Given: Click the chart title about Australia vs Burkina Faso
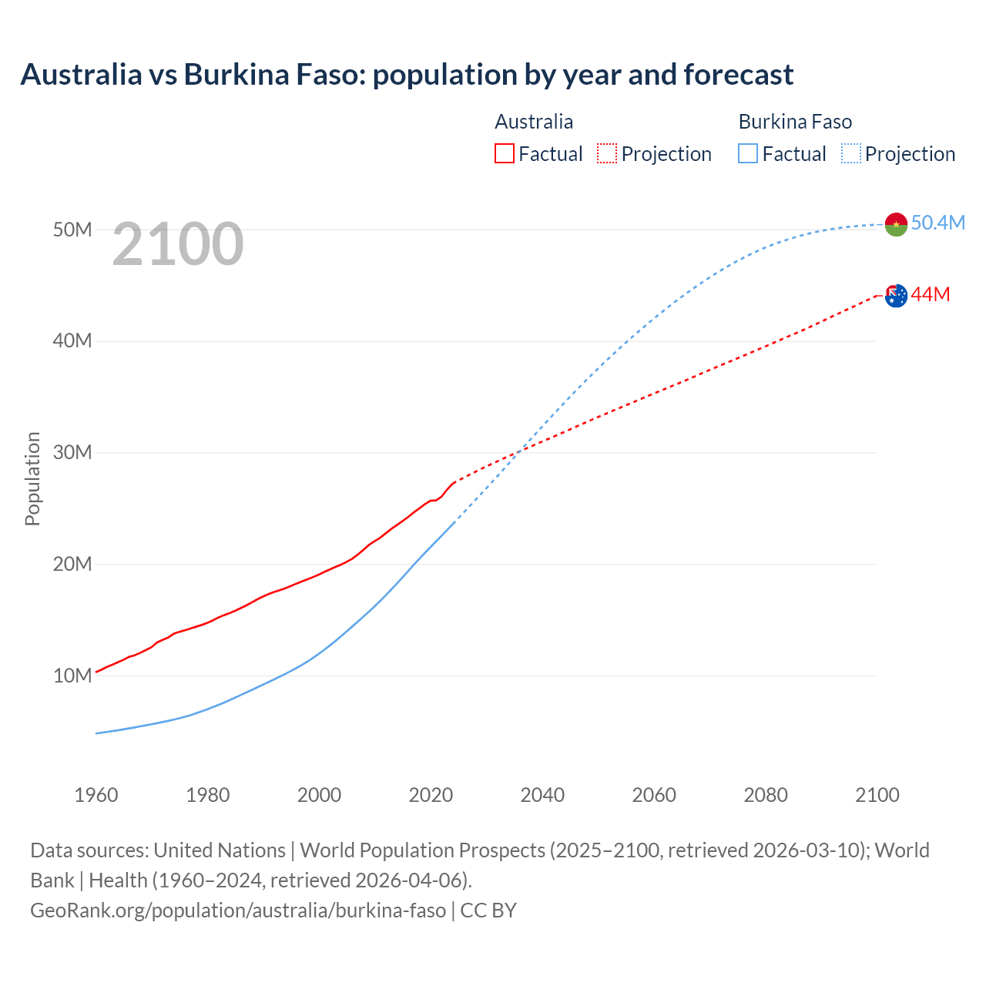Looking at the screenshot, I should (x=407, y=75).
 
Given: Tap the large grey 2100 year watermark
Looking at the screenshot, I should (x=178, y=244).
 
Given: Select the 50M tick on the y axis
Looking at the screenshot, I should (x=72, y=230).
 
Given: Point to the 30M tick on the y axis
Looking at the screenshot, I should (x=72, y=452).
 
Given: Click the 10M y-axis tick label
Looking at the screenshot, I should (x=72, y=676).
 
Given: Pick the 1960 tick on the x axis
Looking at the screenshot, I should (x=96, y=795).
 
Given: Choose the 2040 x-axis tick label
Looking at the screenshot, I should (x=542, y=795).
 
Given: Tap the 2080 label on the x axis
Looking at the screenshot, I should (x=766, y=795).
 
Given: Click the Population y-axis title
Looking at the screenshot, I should (x=32, y=478).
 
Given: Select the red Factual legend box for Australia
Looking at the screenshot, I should (x=504, y=154).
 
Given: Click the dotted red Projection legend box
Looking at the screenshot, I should (x=607, y=154).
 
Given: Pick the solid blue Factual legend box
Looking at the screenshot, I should (x=748, y=154).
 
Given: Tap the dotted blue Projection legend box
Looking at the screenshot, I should (x=851, y=154).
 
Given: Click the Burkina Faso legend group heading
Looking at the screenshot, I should (x=795, y=122).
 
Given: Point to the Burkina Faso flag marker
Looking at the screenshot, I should (x=896, y=224).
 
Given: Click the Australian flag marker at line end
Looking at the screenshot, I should (x=896, y=295).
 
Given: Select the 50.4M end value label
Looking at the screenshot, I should (x=937, y=223).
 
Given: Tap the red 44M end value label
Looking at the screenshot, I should (x=931, y=294).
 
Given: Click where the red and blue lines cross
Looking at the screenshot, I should (x=518, y=451).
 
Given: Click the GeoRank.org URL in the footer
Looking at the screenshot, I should (x=238, y=910).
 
